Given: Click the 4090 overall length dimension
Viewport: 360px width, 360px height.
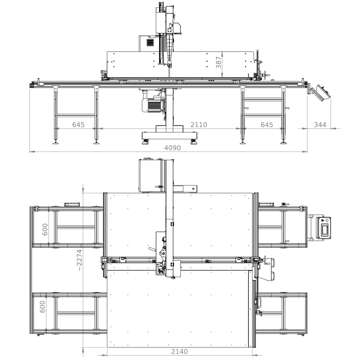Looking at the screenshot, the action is click(172, 148).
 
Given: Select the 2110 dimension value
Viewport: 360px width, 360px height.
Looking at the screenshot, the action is click(198, 125).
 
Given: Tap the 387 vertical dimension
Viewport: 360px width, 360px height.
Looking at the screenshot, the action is click(219, 63).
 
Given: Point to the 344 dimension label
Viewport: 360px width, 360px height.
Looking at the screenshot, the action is click(320, 125).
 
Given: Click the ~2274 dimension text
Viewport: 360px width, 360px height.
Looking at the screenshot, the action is click(79, 260).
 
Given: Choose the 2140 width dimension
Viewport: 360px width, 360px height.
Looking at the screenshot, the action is click(179, 351).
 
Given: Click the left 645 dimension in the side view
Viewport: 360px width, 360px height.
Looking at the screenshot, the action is click(78, 125).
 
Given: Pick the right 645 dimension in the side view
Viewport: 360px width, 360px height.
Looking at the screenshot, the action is click(267, 125).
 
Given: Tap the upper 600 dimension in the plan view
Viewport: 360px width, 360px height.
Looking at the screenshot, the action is click(45, 229).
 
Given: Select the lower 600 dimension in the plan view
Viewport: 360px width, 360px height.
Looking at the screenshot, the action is click(43, 306).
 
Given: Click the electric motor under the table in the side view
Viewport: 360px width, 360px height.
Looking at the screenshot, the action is click(152, 105).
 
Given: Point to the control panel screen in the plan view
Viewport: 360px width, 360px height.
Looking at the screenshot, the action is click(324, 230).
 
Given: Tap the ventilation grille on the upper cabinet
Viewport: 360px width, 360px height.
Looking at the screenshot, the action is click(150, 43).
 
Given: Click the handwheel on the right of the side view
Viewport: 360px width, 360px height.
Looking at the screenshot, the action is click(266, 75).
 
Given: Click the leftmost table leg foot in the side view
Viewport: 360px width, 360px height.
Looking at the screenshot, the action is click(55, 143).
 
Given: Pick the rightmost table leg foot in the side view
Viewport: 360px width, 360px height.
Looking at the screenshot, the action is click(283, 143).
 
